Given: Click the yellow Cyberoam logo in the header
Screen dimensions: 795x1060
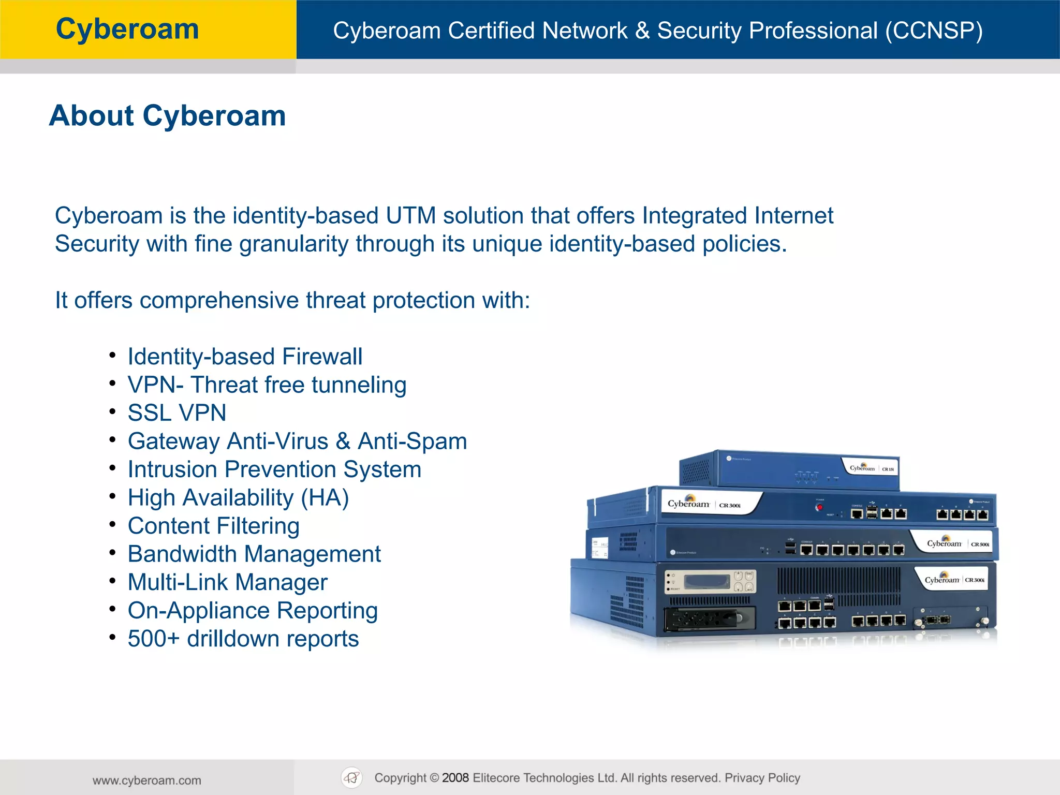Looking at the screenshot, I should point(127,29).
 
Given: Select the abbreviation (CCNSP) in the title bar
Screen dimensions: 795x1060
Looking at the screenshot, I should point(934,31).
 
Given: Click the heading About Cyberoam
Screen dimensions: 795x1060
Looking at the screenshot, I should point(167,115).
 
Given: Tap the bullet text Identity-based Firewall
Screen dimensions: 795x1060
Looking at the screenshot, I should point(245,357).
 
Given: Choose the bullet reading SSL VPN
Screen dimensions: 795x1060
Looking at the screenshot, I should point(177,413).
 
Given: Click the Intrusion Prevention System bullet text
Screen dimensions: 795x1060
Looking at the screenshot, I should point(274,469).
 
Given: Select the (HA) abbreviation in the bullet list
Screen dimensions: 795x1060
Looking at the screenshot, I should point(325,498).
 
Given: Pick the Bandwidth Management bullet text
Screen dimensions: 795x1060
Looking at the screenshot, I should point(254,554).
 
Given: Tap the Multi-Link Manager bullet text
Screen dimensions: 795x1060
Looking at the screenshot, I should point(228,582).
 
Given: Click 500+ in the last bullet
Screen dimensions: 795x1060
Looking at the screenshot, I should point(154,639).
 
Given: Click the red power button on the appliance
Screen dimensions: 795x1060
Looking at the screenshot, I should point(819,507).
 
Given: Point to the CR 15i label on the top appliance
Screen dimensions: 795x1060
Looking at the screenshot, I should point(888,469).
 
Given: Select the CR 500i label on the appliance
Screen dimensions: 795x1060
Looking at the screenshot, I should point(980,544).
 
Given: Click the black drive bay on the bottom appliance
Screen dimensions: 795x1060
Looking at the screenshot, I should point(710,619).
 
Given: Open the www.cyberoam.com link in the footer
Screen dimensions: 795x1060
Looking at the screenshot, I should point(147,781).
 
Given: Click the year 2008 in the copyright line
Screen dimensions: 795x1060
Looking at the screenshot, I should point(455,778).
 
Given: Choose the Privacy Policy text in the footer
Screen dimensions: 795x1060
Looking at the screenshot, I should point(762,778).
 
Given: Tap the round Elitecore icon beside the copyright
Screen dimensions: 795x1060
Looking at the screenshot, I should point(352,778).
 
